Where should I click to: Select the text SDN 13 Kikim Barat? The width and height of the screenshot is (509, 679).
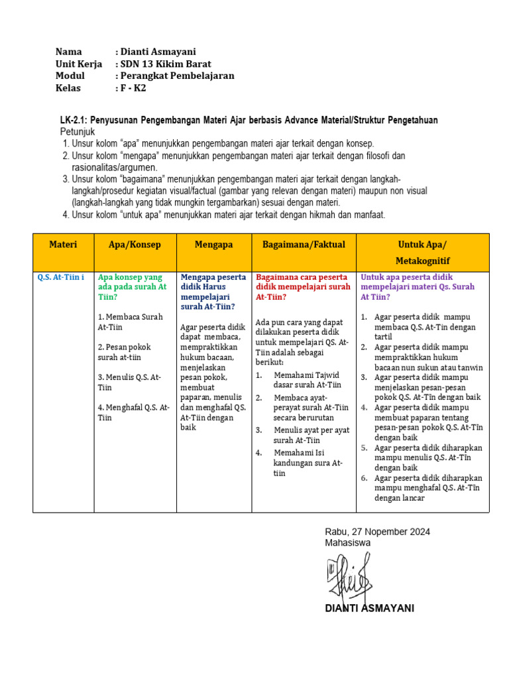(166, 64)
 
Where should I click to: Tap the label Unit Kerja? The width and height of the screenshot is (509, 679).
(79, 64)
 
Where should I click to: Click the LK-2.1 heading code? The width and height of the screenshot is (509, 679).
(74, 120)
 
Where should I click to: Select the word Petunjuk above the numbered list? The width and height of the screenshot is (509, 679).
(79, 131)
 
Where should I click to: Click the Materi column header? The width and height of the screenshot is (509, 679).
(63, 245)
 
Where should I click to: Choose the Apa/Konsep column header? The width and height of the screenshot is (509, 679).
(135, 245)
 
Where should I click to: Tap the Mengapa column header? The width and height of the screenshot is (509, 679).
(213, 245)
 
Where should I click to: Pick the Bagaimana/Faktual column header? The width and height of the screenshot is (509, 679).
(304, 245)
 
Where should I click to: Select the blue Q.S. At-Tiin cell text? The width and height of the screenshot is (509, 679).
(61, 277)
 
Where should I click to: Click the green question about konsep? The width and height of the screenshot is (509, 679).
(133, 286)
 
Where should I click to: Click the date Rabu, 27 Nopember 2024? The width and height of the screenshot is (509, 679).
(377, 532)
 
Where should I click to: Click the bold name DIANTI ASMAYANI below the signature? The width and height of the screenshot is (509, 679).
(369, 608)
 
